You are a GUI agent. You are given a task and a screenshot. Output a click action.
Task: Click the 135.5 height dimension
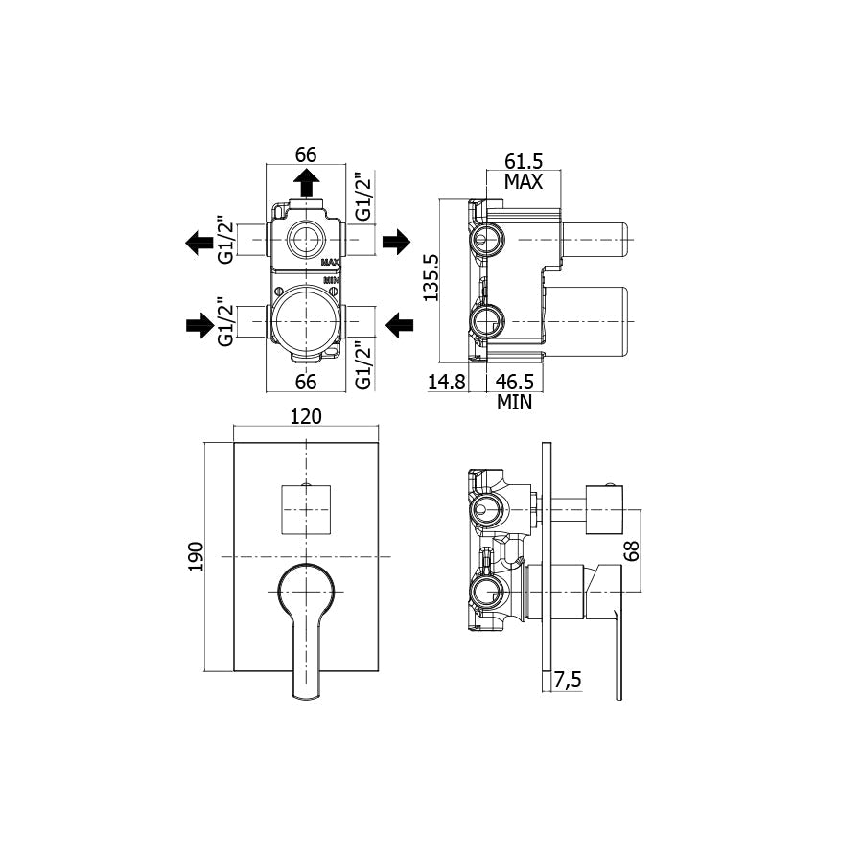(x=431, y=277)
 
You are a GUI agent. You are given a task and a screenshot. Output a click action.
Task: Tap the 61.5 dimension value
(x=524, y=161)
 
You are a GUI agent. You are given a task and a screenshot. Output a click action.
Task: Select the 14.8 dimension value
(x=446, y=382)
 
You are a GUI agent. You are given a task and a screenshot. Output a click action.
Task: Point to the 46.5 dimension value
(x=515, y=382)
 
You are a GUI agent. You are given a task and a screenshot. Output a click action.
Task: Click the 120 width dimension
(x=306, y=417)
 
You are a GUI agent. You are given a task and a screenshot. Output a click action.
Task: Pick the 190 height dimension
(x=196, y=556)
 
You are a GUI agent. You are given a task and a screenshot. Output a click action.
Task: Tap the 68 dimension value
(x=632, y=550)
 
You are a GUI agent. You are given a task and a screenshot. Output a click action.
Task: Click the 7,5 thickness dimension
(x=568, y=680)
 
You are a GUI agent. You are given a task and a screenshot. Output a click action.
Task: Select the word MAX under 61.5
(x=524, y=181)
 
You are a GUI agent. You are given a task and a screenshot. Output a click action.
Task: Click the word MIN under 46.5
(x=515, y=403)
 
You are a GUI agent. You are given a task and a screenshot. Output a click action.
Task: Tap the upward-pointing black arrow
(x=306, y=182)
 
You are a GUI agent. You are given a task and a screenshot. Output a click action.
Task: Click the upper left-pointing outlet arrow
(x=199, y=243)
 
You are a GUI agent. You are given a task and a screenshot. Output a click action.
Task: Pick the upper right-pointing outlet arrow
(x=396, y=241)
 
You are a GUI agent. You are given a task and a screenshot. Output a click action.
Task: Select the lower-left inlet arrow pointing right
(x=199, y=325)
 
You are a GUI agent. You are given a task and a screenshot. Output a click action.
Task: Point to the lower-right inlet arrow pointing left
(x=400, y=325)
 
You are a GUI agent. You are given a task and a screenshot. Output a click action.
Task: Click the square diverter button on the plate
(x=306, y=510)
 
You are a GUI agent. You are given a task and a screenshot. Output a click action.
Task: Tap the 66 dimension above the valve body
(x=306, y=154)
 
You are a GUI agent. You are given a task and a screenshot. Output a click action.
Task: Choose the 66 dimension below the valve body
(x=306, y=382)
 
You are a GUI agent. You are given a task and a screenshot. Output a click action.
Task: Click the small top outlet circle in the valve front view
(x=306, y=241)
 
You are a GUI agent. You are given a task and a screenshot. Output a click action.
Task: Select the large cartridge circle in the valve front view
(x=306, y=321)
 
